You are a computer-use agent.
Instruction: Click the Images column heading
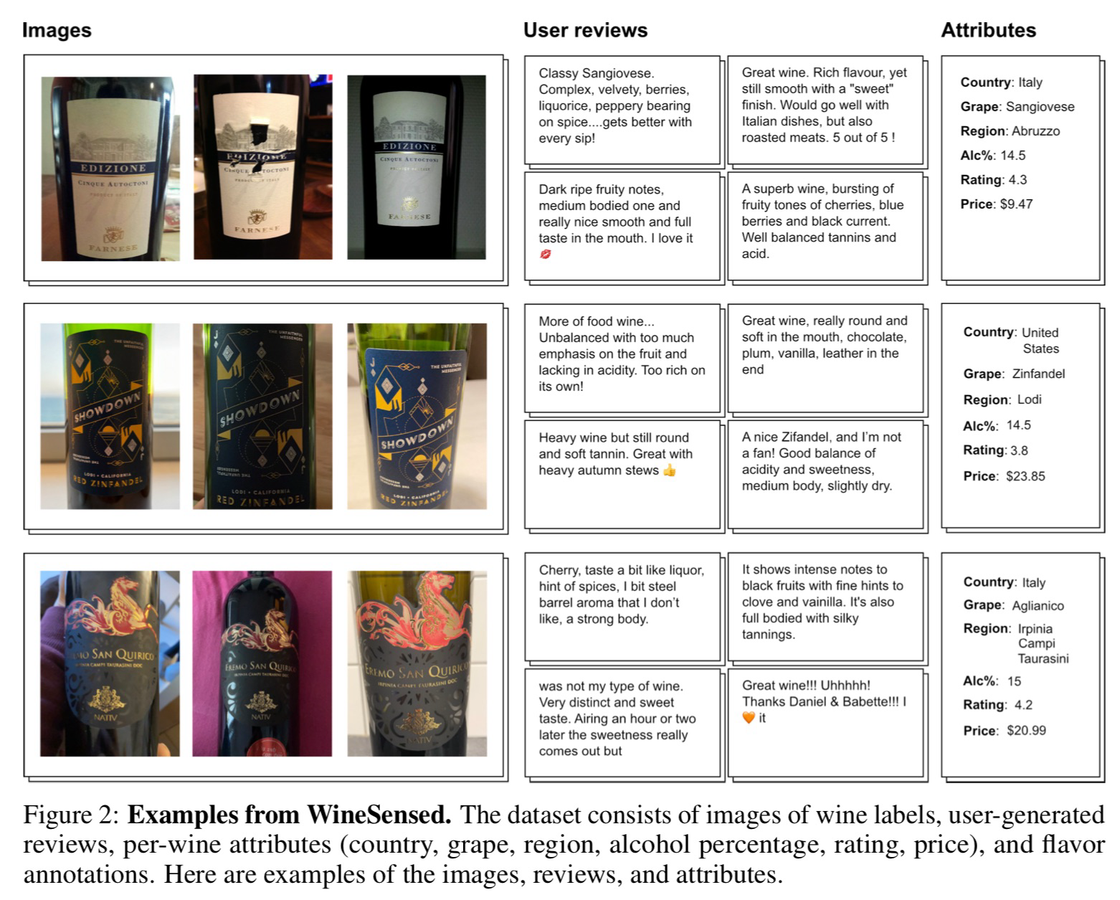pyautogui.click(x=57, y=30)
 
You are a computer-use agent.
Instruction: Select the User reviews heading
pyautogui.click(x=586, y=30)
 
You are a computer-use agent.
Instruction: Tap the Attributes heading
pyautogui.click(x=988, y=30)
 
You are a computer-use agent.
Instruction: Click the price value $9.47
pyautogui.click(x=1016, y=204)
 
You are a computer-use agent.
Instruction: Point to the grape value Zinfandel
pyautogui.click(x=1038, y=374)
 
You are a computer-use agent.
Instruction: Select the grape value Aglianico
pyautogui.click(x=1038, y=605)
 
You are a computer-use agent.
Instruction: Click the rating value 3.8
pyautogui.click(x=1019, y=450)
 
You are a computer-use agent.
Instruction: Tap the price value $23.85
pyautogui.click(x=1025, y=476)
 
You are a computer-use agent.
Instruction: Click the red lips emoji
pyautogui.click(x=545, y=254)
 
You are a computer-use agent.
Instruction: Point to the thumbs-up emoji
pyautogui.click(x=669, y=470)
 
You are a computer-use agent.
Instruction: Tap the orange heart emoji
pyautogui.click(x=749, y=718)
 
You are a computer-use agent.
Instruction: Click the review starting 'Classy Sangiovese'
pyautogui.click(x=615, y=105)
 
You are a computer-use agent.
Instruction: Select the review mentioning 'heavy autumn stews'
pyautogui.click(x=616, y=454)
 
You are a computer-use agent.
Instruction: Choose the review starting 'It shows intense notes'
pyautogui.click(x=822, y=602)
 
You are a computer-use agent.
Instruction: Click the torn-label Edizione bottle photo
pyautogui.click(x=263, y=166)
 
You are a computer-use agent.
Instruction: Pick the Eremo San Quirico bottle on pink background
pyautogui.click(x=262, y=663)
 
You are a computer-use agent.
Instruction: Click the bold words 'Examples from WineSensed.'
pyautogui.click(x=290, y=815)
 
